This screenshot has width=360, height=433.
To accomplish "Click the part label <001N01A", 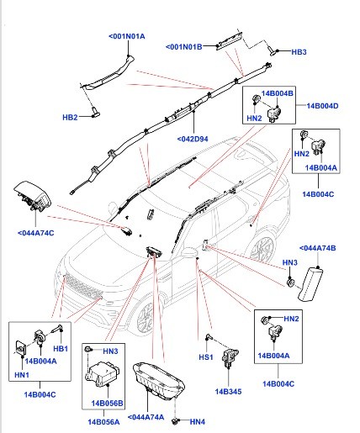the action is pos(127,36).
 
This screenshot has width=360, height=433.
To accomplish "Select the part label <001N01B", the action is pos(184,47).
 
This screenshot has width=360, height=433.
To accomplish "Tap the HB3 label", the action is pos(299,52).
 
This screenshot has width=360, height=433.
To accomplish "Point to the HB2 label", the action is pos(70,117).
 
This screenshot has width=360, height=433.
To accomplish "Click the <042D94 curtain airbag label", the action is pos(193,139).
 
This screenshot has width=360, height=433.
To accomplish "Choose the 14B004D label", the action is pos(322,106).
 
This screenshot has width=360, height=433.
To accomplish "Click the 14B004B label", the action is pos(278,93).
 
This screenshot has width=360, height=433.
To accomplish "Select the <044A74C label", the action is pos(36,233).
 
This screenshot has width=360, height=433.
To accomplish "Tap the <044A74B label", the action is pos(317,248).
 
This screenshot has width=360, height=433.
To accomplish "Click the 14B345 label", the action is pos(228,392).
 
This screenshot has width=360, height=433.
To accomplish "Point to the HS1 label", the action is pos(206,357).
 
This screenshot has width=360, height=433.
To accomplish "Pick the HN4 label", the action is pos(198,422).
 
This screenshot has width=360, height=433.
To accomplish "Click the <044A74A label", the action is pos(146,417).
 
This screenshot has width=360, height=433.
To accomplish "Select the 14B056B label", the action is pos(108,404).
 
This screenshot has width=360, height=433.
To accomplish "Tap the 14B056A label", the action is pos(103,422).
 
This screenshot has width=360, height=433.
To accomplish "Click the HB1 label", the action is pos(61,349).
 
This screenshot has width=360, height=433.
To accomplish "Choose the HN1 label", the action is pos(22,375).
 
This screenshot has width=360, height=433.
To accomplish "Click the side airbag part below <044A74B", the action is pos(310,284).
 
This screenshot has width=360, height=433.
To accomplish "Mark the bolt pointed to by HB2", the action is pos(96,112).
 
